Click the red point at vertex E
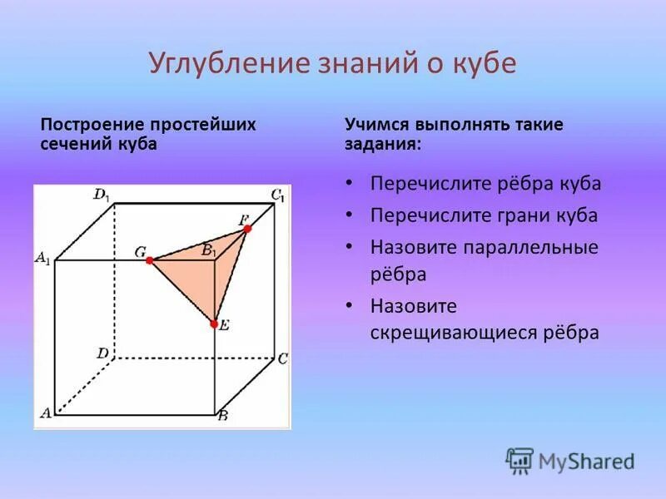[x=214, y=324]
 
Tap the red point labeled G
[x=149, y=260]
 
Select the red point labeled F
[x=247, y=228]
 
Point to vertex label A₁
[x=42, y=259]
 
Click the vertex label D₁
[x=101, y=195]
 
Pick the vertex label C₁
[x=277, y=196]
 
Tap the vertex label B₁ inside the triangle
[x=208, y=249]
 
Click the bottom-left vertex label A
[x=46, y=412]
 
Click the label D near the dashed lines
[x=102, y=353]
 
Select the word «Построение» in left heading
[x=92, y=125]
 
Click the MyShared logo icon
[x=519, y=461]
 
